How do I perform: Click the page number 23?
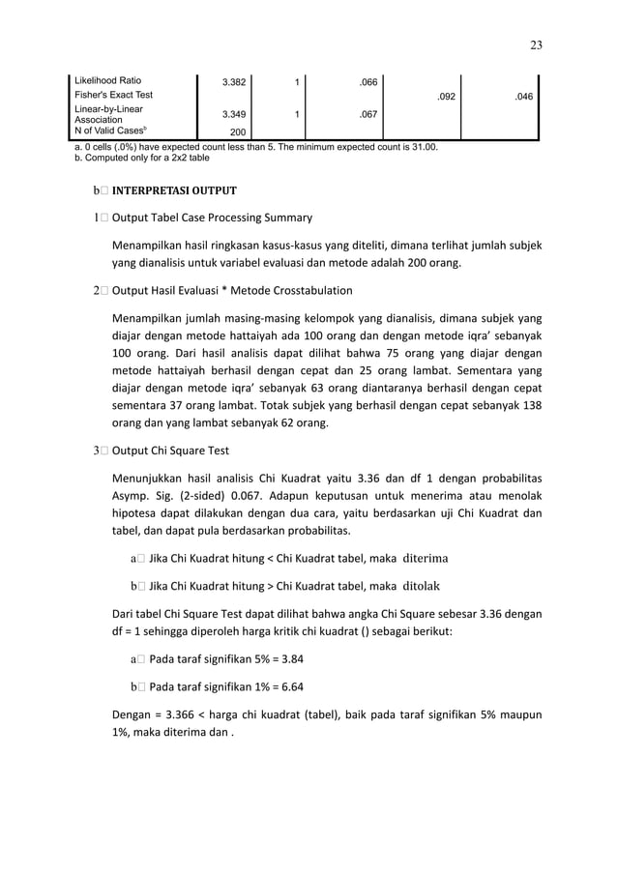(536, 44)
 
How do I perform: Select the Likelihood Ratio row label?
(108, 80)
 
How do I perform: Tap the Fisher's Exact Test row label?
(114, 95)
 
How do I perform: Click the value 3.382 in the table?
(233, 82)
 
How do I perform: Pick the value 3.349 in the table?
(233, 115)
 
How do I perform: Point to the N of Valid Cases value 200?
(238, 131)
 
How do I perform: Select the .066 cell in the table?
(367, 82)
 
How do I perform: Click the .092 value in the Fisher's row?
(445, 97)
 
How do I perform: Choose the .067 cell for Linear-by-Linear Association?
(367, 115)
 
